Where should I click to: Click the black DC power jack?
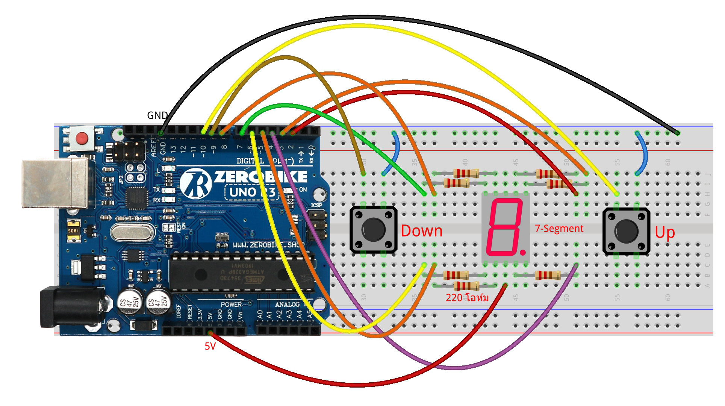pos(71,306)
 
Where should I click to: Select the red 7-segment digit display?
pos(505,227)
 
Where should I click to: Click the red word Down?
pos(421,231)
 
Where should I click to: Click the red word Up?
pos(664,232)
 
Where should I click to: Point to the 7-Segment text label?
pos(559,229)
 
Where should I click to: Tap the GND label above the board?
pos(157,115)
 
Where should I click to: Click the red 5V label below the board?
pos(210,346)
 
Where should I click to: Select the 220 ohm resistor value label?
pos(467,298)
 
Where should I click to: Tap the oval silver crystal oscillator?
pos(132,232)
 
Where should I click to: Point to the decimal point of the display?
pos(523,253)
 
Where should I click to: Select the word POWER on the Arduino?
pos(231,304)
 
